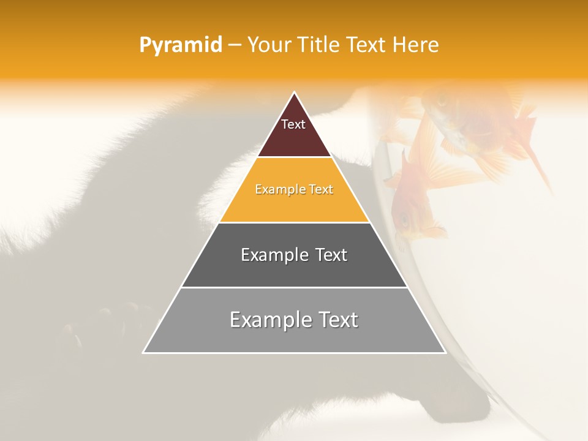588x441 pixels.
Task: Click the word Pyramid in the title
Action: pyautogui.click(x=181, y=45)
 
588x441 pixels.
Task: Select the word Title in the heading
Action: pyautogui.click(x=318, y=45)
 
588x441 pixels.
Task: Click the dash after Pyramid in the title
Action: pyautogui.click(x=234, y=45)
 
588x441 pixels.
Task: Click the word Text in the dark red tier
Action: pyautogui.click(x=293, y=124)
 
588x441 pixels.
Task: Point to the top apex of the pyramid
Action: pyautogui.click(x=294, y=92)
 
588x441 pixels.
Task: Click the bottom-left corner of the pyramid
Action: pyautogui.click(x=143, y=353)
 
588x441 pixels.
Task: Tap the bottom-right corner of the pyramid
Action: pyautogui.click(x=445, y=353)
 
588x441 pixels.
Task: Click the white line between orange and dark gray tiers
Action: pyautogui.click(x=294, y=222)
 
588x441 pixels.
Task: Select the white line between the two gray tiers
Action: pyautogui.click(x=294, y=287)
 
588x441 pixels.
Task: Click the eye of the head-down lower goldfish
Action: pyautogui.click(x=404, y=219)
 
